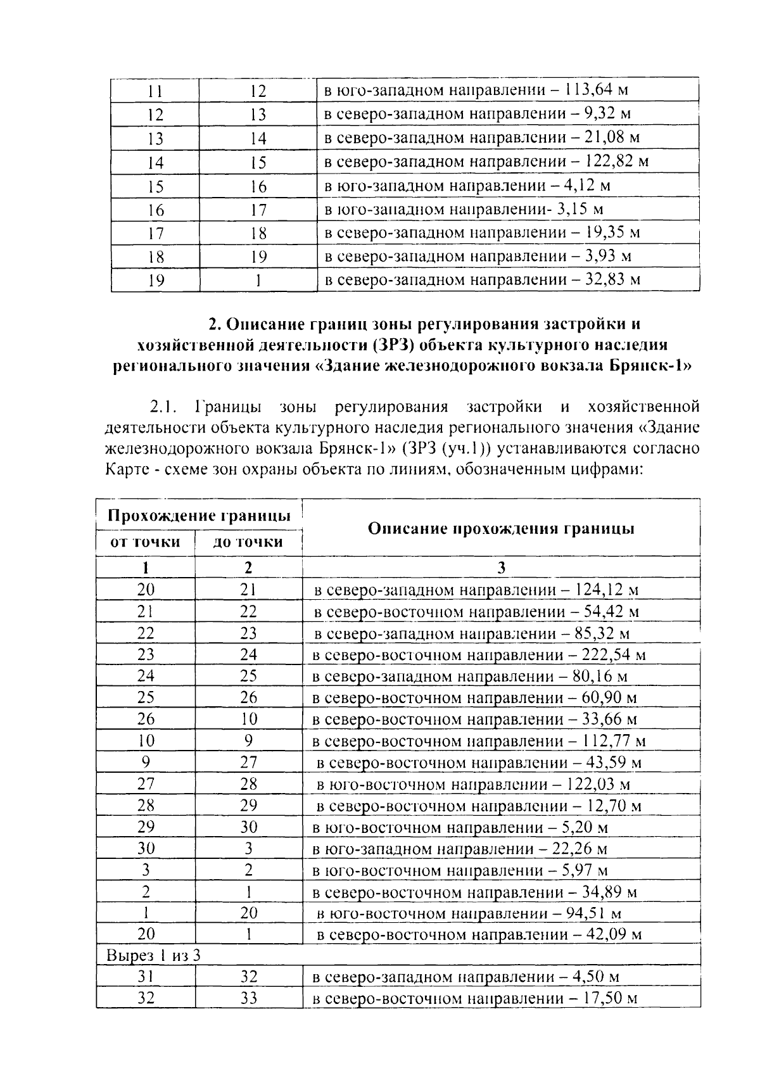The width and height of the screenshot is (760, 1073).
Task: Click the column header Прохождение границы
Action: point(199,516)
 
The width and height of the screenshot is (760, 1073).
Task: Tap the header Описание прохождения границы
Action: point(501,528)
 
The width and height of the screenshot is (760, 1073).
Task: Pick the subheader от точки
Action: point(146,542)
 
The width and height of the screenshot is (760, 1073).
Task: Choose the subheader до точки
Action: point(248,542)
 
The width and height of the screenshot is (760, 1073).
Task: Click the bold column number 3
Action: point(501,568)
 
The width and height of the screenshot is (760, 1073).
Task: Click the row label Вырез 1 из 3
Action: point(154,955)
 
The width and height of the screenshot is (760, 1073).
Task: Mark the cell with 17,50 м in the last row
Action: point(605,999)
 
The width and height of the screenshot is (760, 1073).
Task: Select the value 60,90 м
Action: point(605,697)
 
